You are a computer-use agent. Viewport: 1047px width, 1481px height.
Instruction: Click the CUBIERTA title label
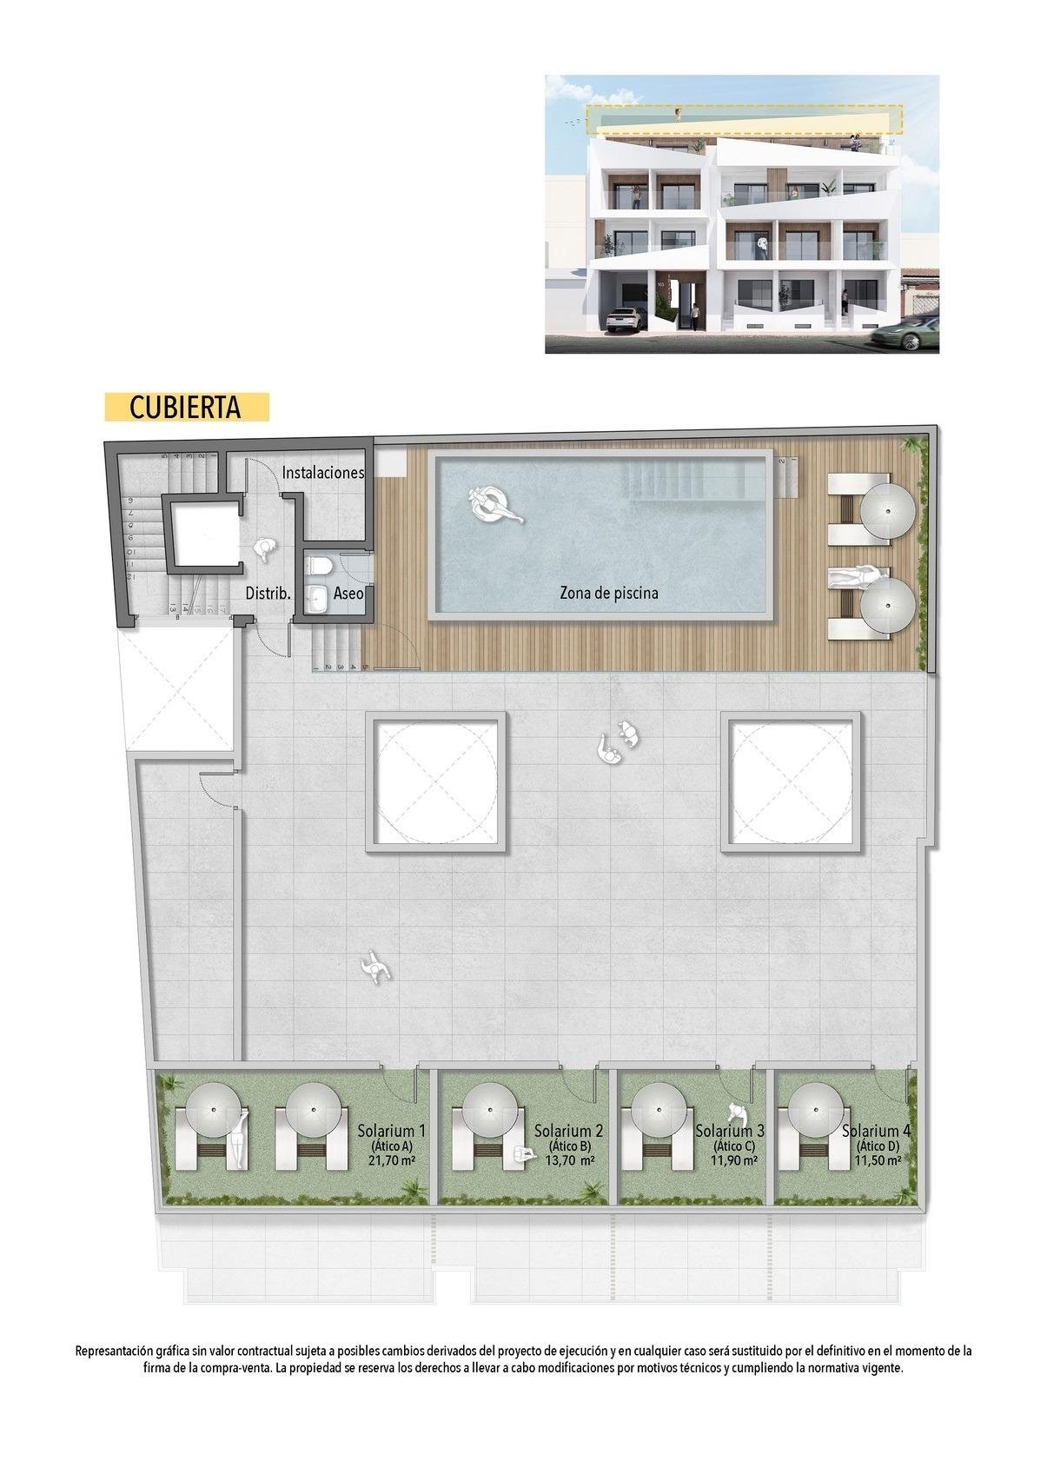point(185,408)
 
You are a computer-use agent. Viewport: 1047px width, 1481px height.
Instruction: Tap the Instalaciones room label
point(322,473)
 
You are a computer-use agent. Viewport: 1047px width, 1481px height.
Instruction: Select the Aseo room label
point(348,594)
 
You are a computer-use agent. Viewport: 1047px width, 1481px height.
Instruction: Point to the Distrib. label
point(268,594)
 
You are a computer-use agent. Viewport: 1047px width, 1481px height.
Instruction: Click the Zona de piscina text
point(608,594)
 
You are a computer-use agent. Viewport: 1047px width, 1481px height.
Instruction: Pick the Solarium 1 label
point(391,1132)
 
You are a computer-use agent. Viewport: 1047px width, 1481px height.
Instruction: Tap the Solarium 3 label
point(730,1132)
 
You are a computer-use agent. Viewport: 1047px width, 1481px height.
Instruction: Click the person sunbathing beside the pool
point(856,576)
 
